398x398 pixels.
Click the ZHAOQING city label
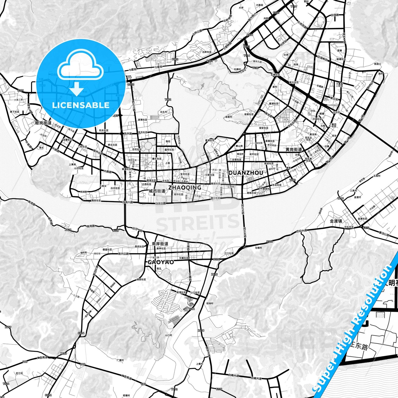[x=185, y=188]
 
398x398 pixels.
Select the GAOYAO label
[x=161, y=262]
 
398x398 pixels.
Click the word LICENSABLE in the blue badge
[x=81, y=105]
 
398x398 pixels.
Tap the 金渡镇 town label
[x=336, y=221]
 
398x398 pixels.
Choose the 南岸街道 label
[x=160, y=244]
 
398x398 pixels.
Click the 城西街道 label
[x=157, y=191]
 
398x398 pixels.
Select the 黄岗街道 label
[x=294, y=150]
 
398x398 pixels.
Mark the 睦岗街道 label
[x=43, y=123]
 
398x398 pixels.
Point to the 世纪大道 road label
[x=301, y=230]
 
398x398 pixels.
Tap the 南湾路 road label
[x=90, y=226]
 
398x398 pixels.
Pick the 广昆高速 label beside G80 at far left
[x=42, y=358]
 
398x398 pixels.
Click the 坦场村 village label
[x=210, y=303]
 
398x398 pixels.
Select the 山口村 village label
[x=168, y=335]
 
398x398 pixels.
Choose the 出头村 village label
[x=164, y=112]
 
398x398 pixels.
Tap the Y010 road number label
[x=340, y=198]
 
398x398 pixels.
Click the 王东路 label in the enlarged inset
[x=359, y=346]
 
